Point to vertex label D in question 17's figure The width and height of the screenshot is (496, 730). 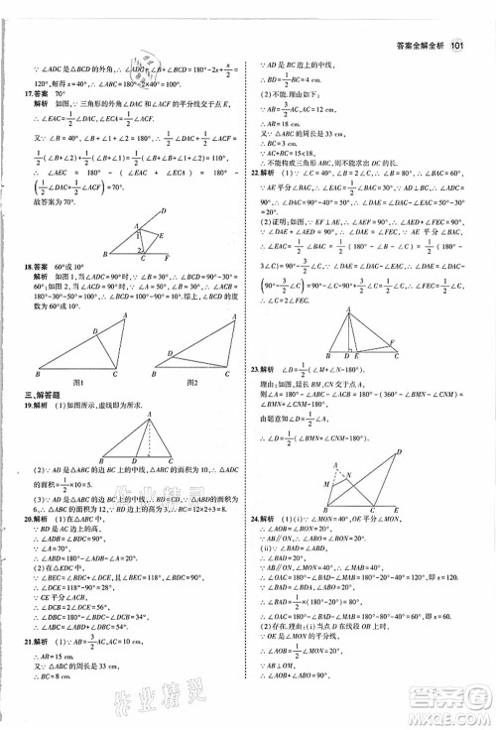[164, 211]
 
